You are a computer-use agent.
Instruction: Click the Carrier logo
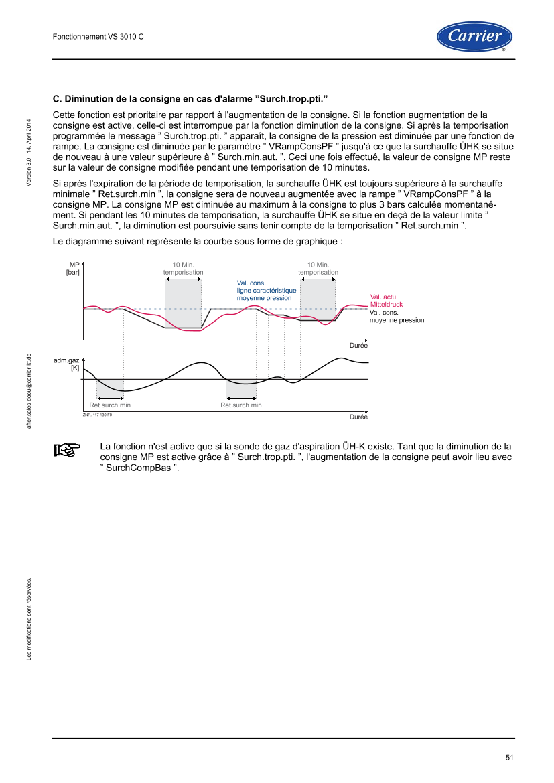click(x=474, y=36)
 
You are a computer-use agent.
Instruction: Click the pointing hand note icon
click(x=66, y=450)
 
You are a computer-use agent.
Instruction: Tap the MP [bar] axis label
click(x=74, y=269)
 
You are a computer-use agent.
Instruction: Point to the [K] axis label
click(x=74, y=368)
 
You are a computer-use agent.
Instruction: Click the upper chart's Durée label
click(x=358, y=346)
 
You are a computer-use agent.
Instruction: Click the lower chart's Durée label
click(x=358, y=417)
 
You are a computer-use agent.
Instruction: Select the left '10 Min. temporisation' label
click(x=183, y=269)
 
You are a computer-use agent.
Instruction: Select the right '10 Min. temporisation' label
click(x=318, y=269)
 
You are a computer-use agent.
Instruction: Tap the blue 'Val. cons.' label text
click(x=251, y=283)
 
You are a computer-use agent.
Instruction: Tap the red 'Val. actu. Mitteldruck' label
click(x=387, y=301)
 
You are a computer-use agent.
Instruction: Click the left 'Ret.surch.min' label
click(x=111, y=405)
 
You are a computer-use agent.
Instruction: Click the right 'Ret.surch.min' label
click(x=241, y=405)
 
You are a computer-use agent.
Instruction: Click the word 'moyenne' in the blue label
click(x=251, y=297)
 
